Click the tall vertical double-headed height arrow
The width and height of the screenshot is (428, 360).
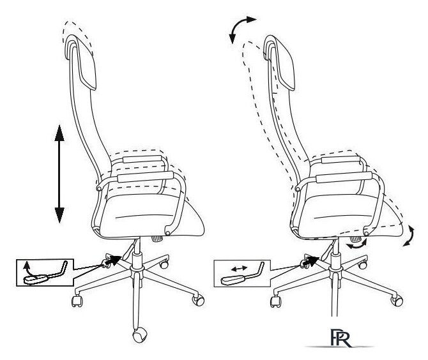click(x=58, y=174)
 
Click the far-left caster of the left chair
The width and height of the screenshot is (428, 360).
click(x=79, y=299)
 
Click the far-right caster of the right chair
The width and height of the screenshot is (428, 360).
click(x=395, y=297)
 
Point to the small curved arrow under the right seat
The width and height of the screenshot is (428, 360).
click(x=357, y=244)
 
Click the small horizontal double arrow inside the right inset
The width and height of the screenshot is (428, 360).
click(x=238, y=269)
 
